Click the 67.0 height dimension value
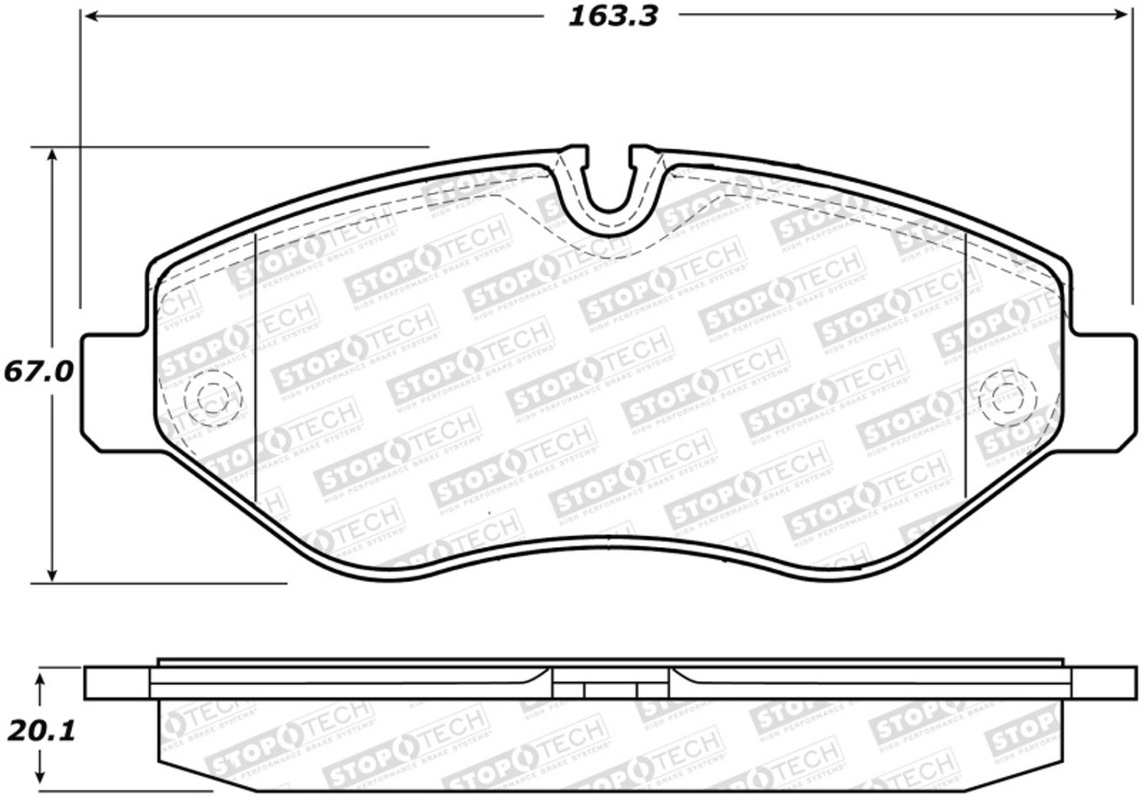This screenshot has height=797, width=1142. tap(37, 370)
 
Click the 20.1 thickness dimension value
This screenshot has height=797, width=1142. tap(40, 731)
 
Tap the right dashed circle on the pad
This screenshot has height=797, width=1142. tap(1007, 397)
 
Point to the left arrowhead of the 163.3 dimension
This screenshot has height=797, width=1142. tap(89, 16)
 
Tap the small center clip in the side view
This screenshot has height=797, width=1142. tap(609, 690)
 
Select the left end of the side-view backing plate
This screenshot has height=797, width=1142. tap(116, 683)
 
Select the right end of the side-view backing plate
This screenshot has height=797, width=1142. tap(1104, 683)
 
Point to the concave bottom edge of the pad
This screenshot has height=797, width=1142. tap(609, 542)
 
